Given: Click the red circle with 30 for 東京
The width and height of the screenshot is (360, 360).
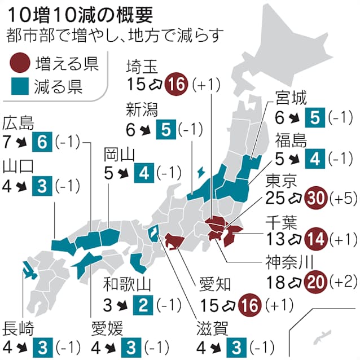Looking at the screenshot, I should pyautogui.click(x=314, y=198).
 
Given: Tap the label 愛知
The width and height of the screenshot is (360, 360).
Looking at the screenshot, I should pyautogui.click(x=216, y=284).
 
